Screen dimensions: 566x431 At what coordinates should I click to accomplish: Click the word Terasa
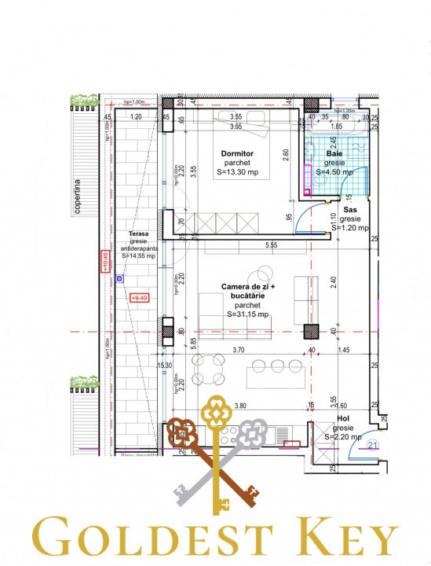point(139,234)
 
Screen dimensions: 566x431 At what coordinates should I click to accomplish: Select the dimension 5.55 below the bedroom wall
point(272,246)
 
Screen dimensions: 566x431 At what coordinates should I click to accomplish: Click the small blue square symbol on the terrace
point(119,277)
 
